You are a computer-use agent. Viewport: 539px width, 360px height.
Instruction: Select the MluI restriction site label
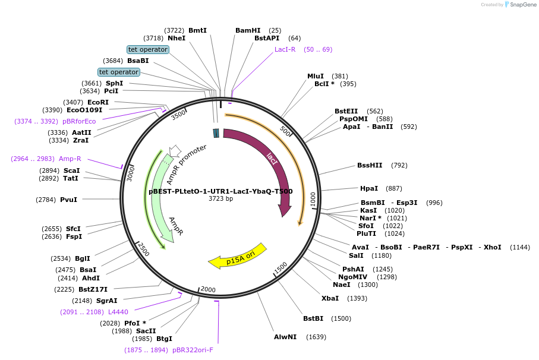316,76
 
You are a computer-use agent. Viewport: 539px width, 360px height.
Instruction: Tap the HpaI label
369,188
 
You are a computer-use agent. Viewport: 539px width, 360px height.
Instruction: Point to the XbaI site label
330,298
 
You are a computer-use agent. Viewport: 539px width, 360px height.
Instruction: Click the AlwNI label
285,337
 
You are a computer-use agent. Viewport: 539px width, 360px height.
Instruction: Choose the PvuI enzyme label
68,200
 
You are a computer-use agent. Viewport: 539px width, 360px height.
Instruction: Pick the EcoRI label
98,102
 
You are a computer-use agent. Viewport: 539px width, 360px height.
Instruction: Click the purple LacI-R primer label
285,49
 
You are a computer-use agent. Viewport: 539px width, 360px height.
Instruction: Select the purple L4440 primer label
118,312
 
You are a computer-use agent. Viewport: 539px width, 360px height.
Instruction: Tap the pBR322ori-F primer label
193,350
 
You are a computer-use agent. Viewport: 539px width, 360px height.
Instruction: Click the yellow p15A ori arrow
237,256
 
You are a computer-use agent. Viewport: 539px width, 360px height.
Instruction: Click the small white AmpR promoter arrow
175,150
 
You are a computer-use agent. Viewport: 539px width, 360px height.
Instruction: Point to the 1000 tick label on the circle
313,200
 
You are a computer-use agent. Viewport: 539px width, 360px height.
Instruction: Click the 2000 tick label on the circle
208,289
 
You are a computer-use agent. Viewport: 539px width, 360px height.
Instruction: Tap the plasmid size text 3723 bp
220,198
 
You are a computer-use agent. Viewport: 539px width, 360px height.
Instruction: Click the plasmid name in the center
220,191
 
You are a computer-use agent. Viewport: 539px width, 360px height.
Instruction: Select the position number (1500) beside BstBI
341,318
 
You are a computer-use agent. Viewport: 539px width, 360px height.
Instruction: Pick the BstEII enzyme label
346,111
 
